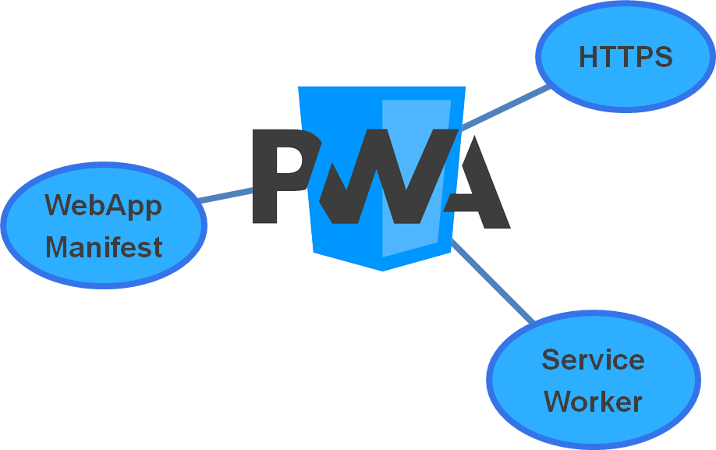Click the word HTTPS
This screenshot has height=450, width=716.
626,57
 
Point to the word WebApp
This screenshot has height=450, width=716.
104,206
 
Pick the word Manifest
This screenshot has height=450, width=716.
104,247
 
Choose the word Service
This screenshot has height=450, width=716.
593,360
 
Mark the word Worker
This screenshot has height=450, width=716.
593,402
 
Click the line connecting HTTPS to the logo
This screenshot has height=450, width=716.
507,107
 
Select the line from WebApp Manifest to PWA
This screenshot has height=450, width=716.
226,195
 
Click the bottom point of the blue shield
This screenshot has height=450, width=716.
382,269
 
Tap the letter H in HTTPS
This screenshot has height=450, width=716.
589,57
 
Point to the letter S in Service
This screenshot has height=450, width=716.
551,360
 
